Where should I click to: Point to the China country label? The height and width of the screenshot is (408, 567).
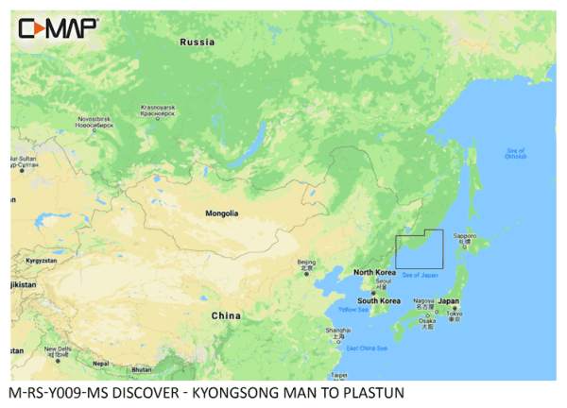pyautogui.click(x=225, y=315)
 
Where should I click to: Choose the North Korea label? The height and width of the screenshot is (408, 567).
pyautogui.click(x=374, y=272)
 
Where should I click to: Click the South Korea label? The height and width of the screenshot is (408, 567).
pyautogui.click(x=379, y=301)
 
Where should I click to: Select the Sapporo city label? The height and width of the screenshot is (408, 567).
pyautogui.click(x=462, y=238)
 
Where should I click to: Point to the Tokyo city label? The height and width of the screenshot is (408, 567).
pyautogui.click(x=454, y=314)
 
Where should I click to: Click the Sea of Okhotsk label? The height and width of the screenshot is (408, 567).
pyautogui.click(x=516, y=153)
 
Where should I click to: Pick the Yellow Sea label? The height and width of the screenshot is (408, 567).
pyautogui.click(x=353, y=309)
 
